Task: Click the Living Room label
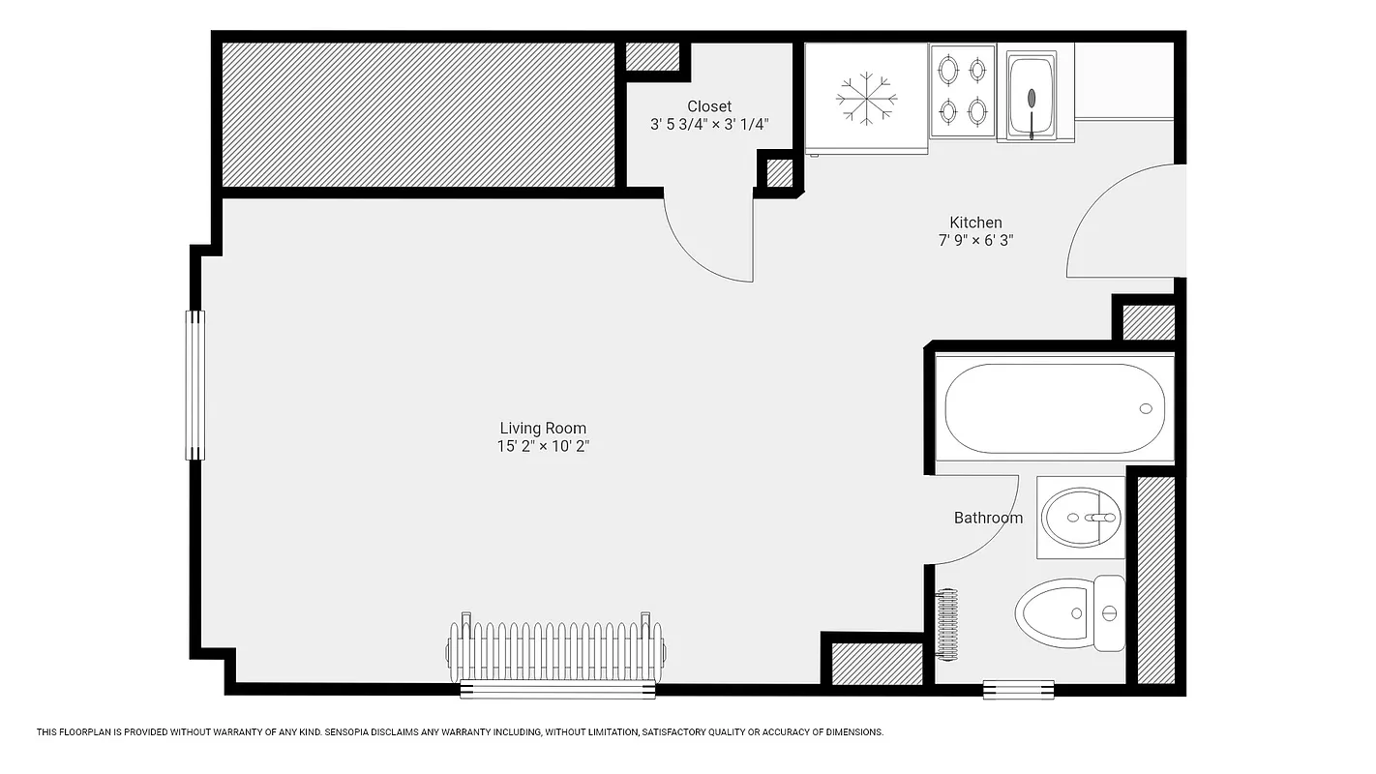click(543, 429)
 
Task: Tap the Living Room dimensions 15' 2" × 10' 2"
click(543, 446)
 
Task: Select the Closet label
click(709, 106)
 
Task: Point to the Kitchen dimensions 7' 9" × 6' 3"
click(975, 240)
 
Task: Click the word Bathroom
click(988, 518)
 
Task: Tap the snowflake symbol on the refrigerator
click(866, 98)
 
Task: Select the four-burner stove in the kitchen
click(963, 92)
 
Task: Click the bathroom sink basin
click(1081, 518)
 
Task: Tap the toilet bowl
click(1053, 613)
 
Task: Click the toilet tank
click(1109, 613)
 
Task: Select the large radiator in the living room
click(555, 650)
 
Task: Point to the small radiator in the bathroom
click(947, 624)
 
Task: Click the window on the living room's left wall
click(196, 384)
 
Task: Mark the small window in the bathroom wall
click(1018, 689)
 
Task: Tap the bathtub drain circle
click(1146, 408)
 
